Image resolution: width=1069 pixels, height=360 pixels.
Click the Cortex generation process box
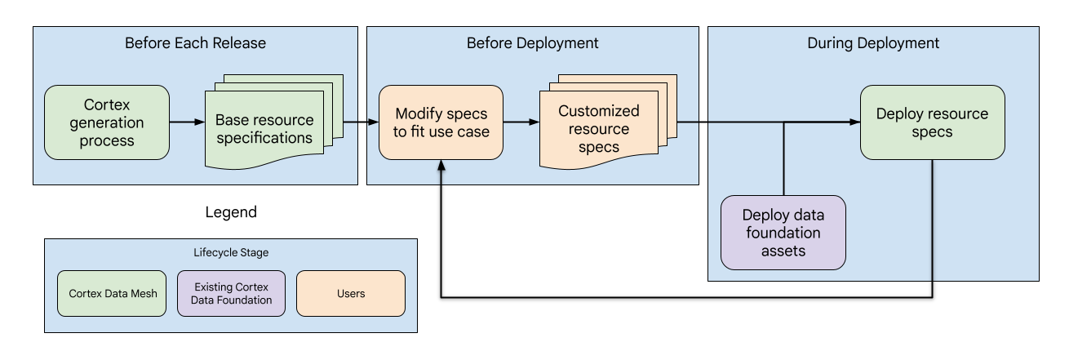click(x=106, y=122)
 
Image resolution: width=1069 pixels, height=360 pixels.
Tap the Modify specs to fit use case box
click(x=441, y=122)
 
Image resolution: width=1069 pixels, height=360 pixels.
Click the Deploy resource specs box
click(x=932, y=122)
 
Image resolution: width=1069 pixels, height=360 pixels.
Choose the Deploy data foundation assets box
click(x=783, y=233)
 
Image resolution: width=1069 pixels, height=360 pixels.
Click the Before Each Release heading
click(x=195, y=43)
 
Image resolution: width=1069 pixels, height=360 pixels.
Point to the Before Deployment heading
click(x=532, y=43)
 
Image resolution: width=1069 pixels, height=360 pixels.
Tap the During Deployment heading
click(x=873, y=43)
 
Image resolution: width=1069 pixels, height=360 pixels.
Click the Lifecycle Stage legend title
click(x=230, y=253)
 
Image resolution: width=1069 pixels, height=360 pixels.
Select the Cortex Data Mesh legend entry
click(x=112, y=293)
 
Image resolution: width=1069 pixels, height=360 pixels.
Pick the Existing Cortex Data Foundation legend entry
click(x=231, y=293)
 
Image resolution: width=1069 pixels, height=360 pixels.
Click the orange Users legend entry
click(x=350, y=293)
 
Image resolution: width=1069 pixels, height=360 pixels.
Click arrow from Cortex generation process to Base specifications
click(x=187, y=122)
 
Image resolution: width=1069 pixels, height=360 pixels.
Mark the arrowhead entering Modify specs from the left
click(x=373, y=122)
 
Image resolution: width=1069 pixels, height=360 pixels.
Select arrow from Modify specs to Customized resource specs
click(x=521, y=122)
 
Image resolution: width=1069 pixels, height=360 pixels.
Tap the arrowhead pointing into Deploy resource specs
click(x=854, y=122)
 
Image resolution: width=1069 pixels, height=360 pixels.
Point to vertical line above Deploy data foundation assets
click(x=783, y=159)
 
